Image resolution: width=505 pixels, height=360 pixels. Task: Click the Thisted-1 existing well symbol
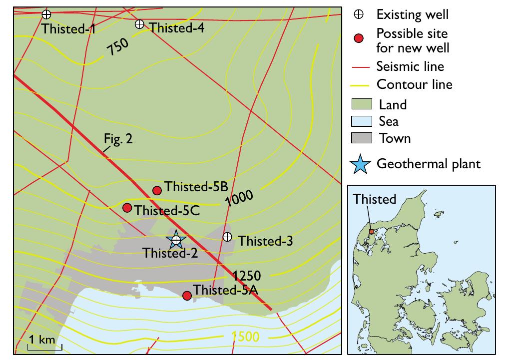click(x=46, y=14)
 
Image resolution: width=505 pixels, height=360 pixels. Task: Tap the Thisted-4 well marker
click(x=139, y=24)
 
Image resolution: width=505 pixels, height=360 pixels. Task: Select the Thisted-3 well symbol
click(x=227, y=237)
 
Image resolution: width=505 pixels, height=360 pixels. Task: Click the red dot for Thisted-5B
click(x=157, y=190)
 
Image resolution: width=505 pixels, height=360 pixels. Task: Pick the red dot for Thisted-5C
click(x=127, y=208)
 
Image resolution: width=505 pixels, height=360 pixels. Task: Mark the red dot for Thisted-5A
click(x=187, y=296)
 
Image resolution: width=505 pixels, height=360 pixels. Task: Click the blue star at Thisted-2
click(x=176, y=240)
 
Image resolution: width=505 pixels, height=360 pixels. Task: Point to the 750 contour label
click(x=118, y=49)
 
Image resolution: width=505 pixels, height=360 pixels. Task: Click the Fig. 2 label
click(x=118, y=140)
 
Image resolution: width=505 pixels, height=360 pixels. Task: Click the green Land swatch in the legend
click(x=362, y=104)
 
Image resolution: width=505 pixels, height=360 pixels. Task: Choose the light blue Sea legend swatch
click(x=362, y=121)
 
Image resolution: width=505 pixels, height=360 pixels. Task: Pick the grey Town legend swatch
click(x=362, y=137)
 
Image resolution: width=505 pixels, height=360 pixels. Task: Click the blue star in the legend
click(x=362, y=164)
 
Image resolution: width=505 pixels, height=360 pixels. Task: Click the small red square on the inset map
click(x=371, y=231)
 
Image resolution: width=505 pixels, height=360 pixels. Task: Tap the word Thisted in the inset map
click(x=374, y=199)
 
